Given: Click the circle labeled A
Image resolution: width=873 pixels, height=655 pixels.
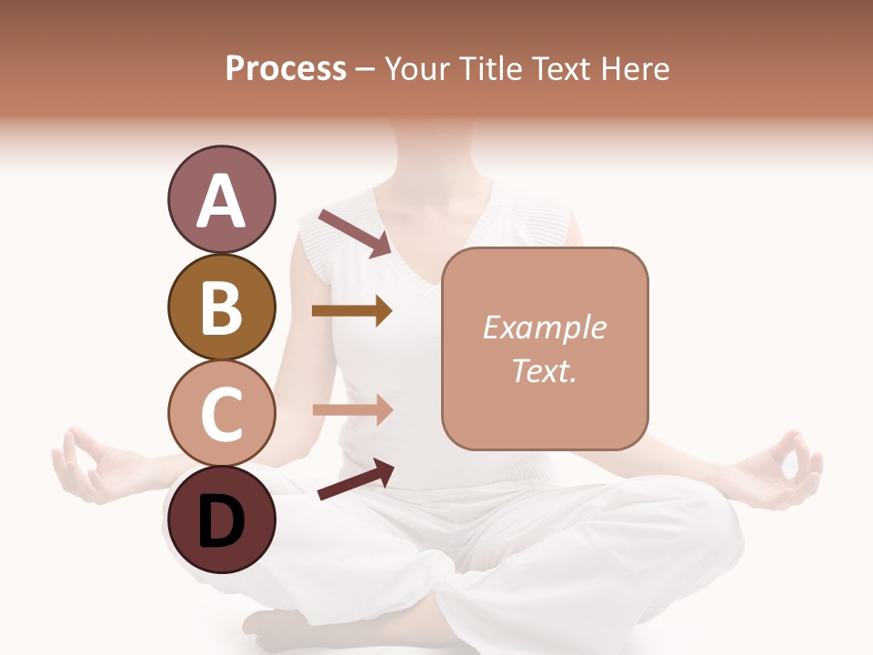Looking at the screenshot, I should coord(221,200).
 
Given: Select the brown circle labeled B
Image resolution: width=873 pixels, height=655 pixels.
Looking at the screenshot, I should coord(221,307).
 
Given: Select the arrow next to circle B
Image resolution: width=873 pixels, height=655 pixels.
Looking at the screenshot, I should coord(352,311).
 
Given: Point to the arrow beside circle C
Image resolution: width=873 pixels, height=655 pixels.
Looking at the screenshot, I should coord(352,410).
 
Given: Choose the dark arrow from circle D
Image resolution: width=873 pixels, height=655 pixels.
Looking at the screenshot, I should coord(356,479).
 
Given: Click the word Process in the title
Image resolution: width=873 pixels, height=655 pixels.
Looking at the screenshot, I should coord(286,69).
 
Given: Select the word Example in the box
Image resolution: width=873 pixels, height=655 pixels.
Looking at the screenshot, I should coord(544,327).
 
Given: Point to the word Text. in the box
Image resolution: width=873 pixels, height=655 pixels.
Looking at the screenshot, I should coord(544,370).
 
